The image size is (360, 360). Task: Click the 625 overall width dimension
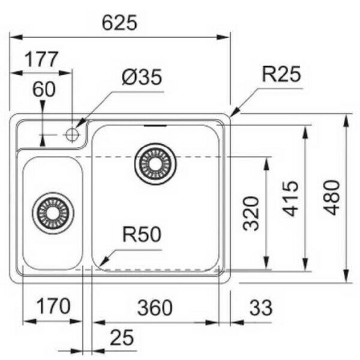[120, 23]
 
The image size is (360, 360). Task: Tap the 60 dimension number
[44, 89]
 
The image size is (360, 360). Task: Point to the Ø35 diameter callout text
[141, 78]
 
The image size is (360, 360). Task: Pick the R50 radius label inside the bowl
[142, 235]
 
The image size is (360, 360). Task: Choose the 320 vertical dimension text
[252, 214]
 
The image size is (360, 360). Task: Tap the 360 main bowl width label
[155, 307]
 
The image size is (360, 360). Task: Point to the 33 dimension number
[260, 307]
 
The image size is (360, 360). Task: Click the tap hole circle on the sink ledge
[73, 133]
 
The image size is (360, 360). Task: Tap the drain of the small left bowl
[52, 212]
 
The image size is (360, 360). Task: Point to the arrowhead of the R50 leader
[102, 263]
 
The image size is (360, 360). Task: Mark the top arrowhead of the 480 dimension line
[348, 118]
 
